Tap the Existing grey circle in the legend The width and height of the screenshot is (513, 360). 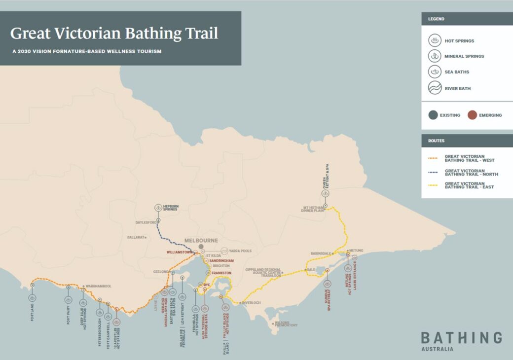[433, 115]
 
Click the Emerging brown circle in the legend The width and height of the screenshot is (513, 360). [472, 115]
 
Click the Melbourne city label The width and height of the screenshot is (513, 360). [201, 241]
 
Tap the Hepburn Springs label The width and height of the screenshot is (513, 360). [170, 208]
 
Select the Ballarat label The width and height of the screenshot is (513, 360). [136, 238]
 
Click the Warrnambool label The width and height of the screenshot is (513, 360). [100, 286]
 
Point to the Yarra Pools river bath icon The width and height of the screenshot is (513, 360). [224, 251]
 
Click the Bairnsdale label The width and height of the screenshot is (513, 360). [321, 253]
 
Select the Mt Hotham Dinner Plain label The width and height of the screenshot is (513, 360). [313, 209]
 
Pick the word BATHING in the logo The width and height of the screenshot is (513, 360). [461, 338]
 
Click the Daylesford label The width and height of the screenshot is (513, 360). [146, 223]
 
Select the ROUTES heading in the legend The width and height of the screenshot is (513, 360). [437, 141]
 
